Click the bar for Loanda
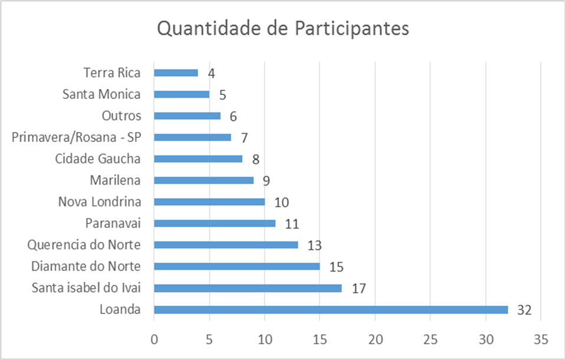[330, 309]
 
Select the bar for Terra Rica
[176, 72]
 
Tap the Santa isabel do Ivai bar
[248, 288]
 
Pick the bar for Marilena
[203, 180]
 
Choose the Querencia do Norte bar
[226, 245]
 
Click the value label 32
[525, 310]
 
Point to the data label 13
[315, 246]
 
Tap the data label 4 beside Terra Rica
[211, 73]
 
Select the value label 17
[358, 289]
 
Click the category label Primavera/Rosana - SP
[76, 137]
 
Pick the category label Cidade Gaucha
[98, 158]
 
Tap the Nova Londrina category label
[100, 202]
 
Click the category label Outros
[121, 115]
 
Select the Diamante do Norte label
[86, 266]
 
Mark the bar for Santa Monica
[182, 94]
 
